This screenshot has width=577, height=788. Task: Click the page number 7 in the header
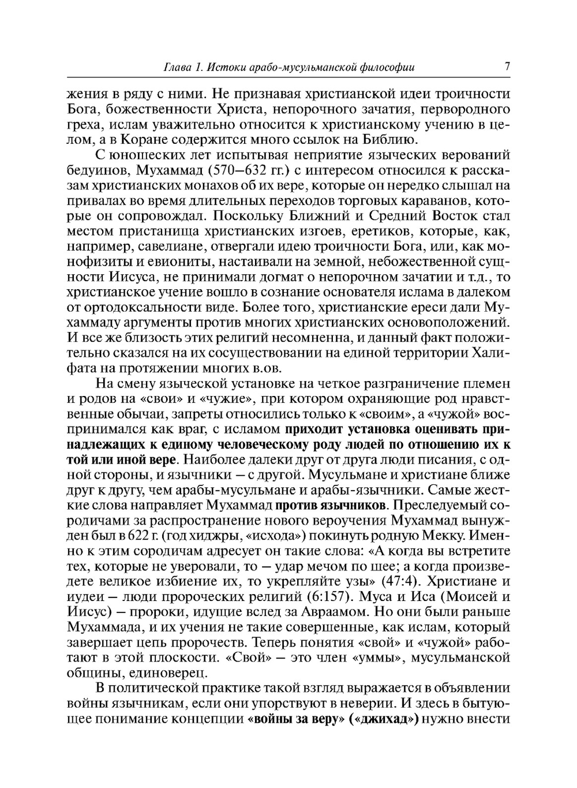[507, 66]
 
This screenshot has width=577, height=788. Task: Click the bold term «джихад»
[383, 719]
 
